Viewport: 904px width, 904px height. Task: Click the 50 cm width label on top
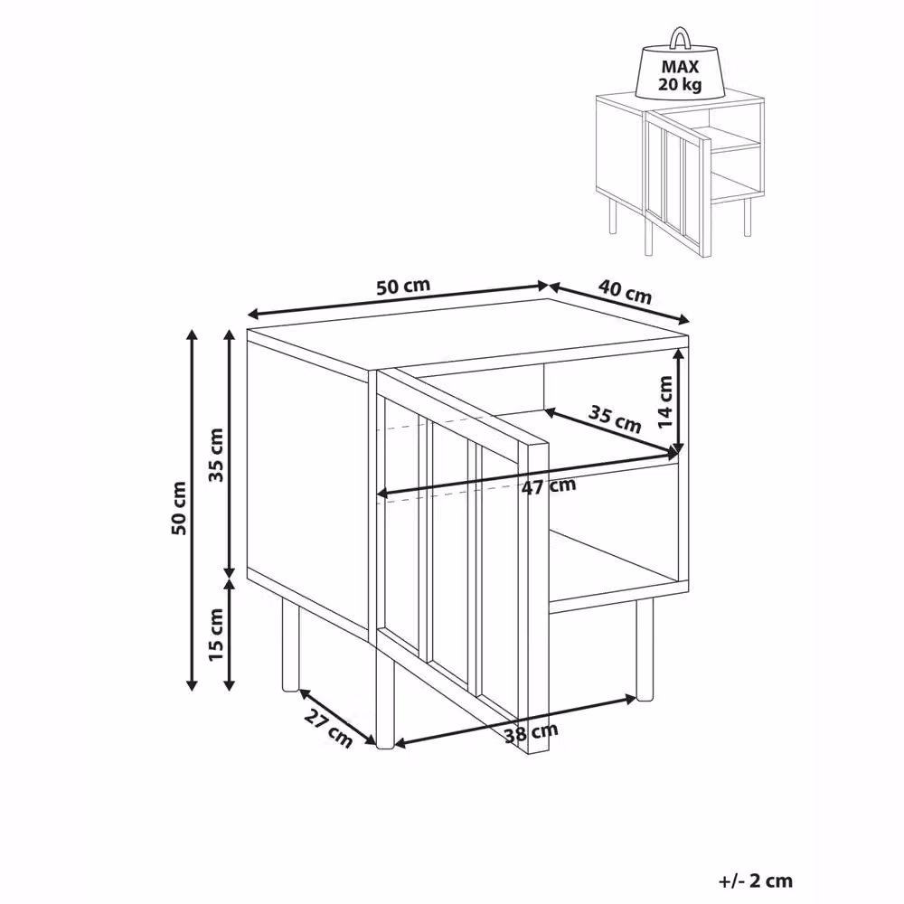(403, 287)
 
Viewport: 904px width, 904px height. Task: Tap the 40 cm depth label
(625, 291)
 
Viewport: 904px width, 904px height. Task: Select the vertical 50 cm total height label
(179, 508)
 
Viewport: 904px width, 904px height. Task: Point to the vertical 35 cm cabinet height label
(216, 455)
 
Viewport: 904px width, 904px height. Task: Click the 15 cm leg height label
(216, 635)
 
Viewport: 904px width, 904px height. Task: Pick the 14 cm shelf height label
(666, 402)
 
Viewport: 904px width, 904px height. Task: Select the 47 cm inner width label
(549, 485)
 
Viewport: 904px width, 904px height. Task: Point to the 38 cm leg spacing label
(531, 733)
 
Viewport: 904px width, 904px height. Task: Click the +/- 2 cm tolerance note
(756, 880)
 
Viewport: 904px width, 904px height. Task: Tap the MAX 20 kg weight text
(681, 76)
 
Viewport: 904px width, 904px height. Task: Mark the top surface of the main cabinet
(467, 334)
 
